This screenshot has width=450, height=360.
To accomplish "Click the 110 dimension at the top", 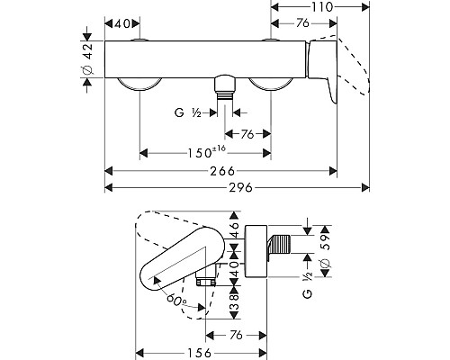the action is point(321,6).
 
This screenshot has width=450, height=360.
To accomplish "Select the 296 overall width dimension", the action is point(241,188).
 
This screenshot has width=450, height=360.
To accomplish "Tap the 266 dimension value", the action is point(222,171).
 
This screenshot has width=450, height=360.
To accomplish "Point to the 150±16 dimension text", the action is point(206,152).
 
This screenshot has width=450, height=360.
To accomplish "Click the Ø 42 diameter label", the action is point(88,59).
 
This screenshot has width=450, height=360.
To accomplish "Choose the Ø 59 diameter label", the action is point(326,250).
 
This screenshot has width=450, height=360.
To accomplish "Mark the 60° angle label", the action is point(176,299).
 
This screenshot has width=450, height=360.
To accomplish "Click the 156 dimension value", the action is point(200,353).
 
